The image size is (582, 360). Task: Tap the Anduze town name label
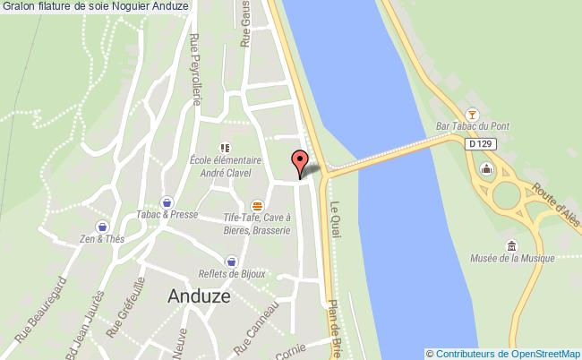click(198, 297)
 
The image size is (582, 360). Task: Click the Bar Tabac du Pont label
click(472, 127)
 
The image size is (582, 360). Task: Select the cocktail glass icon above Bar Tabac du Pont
click(473, 114)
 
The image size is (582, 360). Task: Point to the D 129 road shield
click(480, 142)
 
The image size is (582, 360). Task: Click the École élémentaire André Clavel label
click(225, 167)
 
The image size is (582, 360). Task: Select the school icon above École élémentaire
click(225, 147)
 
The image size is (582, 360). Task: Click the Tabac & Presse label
click(167, 215)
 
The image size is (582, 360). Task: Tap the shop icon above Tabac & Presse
click(167, 201)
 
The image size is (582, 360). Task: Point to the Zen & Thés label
click(103, 240)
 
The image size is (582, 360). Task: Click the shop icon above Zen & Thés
click(103, 227)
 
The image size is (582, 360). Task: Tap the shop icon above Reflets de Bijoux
click(232, 261)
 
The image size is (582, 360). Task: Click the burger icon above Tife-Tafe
click(258, 204)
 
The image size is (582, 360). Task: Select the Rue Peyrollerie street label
click(194, 70)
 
